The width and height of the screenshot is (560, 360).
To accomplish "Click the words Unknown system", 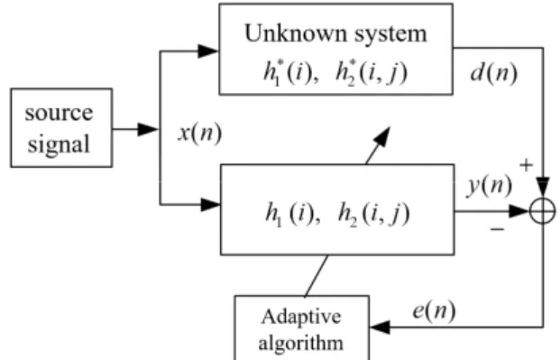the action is [x=335, y=34].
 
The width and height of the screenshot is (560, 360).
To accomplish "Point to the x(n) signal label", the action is [x=200, y=134].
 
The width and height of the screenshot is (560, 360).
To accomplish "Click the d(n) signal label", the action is [x=494, y=74].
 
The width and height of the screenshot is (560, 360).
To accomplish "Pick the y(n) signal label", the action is [x=490, y=186].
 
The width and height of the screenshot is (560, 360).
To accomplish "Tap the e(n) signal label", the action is [x=435, y=310].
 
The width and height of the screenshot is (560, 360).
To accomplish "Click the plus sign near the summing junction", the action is [x=526, y=165].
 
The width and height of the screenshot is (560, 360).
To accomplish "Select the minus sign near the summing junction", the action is [x=498, y=229].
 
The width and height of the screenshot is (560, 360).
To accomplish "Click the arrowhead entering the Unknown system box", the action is [x=207, y=51].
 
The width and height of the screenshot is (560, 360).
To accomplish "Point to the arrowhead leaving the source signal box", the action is [x=148, y=129].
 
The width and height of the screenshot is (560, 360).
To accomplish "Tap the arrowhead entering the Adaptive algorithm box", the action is [x=381, y=327].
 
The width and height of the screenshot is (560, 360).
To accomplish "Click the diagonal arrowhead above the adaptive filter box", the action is [x=381, y=136].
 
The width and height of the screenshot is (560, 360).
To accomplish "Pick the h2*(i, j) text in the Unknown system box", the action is [x=371, y=73].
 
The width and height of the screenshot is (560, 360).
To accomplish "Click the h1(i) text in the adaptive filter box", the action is [x=293, y=214].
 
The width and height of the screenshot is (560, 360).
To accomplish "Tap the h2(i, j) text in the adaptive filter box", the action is [x=373, y=214].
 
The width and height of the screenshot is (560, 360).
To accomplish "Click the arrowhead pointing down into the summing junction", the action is [x=543, y=188].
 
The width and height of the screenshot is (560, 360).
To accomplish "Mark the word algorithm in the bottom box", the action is [x=300, y=344].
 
